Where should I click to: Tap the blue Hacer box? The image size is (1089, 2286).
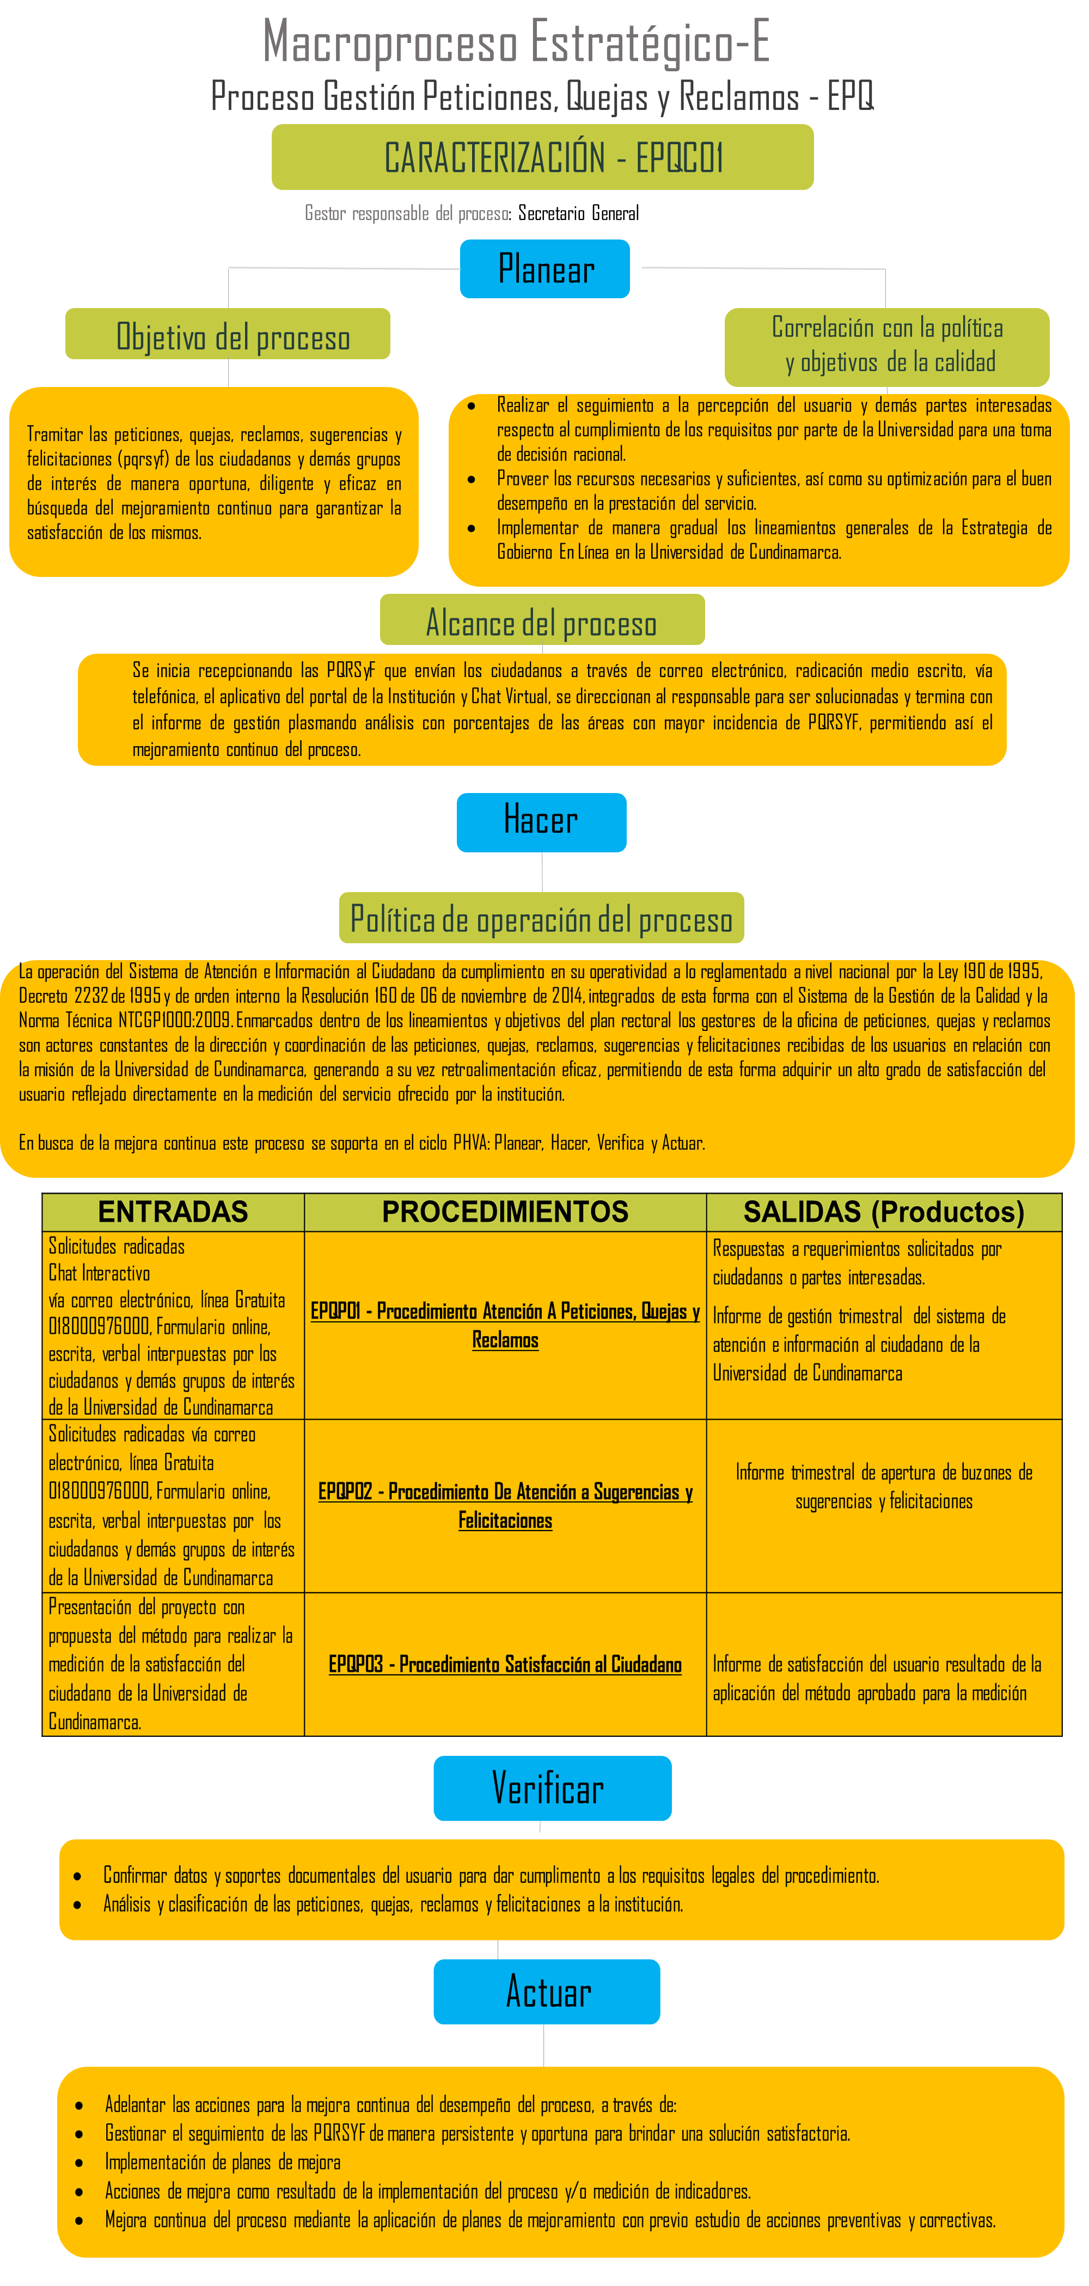pos(541,822)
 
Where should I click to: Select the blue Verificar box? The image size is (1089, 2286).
pos(552,1788)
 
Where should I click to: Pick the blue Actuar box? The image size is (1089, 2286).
pos(547,1992)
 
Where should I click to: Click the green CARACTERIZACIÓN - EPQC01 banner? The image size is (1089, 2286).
pos(542,157)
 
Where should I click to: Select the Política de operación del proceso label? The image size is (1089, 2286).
pos(541,919)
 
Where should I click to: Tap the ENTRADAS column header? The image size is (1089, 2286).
pos(173,1212)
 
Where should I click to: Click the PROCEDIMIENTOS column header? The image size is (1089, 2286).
pos(505,1212)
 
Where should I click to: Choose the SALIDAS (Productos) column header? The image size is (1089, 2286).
pos(883,1212)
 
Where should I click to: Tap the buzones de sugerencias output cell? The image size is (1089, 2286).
pos(883,1486)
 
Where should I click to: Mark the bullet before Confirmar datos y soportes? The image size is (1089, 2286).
pos(78,1877)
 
